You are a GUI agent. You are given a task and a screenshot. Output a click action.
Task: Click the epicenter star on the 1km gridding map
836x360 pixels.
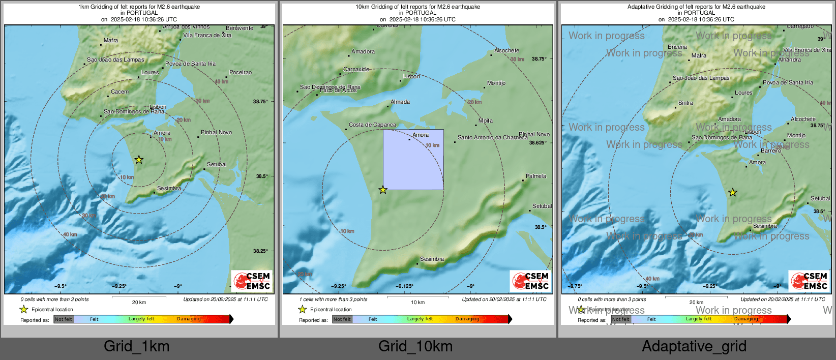coord(139,160)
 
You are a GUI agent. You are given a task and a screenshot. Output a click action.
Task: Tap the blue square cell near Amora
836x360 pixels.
coord(413,159)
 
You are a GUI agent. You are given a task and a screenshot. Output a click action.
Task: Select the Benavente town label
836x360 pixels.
coord(240,28)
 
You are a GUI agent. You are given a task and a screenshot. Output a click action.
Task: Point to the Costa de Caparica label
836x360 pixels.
coord(372,125)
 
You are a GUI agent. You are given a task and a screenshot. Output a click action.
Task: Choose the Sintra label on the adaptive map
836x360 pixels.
coord(685,103)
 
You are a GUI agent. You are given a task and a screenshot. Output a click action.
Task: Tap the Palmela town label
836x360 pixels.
coord(536,176)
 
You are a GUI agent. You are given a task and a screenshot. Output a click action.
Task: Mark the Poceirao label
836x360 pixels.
coord(241,72)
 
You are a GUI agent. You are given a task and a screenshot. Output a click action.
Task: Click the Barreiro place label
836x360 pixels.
coord(771,151)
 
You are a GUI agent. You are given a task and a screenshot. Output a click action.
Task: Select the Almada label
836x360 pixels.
coord(400,102)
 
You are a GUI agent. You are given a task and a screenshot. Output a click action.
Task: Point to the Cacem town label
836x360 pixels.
coord(120,92)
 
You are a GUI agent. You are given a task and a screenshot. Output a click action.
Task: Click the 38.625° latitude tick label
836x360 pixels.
coord(538,143)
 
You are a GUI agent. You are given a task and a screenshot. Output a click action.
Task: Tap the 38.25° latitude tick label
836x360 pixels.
coord(260,251)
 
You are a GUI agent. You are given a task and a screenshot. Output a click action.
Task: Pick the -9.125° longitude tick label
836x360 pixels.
coord(405,286)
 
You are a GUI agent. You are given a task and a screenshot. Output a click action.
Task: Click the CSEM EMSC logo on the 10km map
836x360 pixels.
coord(531,281)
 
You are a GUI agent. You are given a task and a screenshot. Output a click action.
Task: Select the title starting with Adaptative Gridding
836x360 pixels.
coord(696,7)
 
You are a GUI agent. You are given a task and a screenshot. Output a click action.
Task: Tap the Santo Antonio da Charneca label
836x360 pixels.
coord(492,137)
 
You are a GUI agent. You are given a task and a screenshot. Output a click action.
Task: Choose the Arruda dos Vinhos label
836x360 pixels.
coord(186,27)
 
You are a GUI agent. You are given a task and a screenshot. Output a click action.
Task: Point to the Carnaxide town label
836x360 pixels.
coord(356,70)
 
